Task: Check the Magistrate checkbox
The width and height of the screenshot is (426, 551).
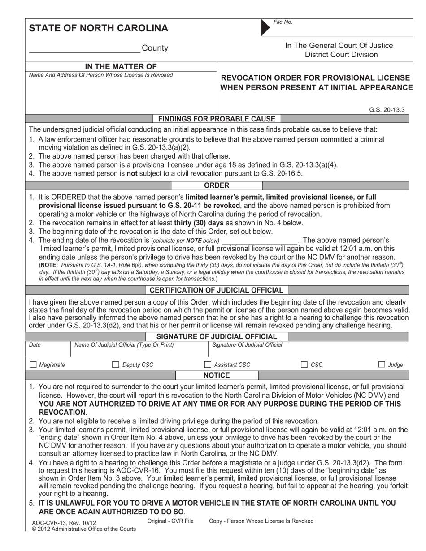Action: pyautogui.click(x=33, y=365)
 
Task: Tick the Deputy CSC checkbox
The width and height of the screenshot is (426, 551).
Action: pyautogui.click(x=115, y=365)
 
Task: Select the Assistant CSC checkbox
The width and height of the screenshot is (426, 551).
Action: pyautogui.click(x=208, y=365)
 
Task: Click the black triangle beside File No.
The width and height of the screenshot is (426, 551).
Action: pyautogui.click(x=265, y=28)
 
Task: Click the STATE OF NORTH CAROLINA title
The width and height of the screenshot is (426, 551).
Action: pyautogui.click(x=99, y=28)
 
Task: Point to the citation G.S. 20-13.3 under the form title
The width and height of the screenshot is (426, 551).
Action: pyautogui.click(x=387, y=109)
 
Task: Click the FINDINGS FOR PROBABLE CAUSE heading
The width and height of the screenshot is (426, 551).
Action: pyautogui.click(x=217, y=119)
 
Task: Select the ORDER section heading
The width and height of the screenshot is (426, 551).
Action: pyautogui.click(x=217, y=185)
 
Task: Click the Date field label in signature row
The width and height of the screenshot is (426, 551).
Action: pyautogui.click(x=35, y=345)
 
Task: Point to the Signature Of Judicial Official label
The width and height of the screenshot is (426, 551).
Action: pyautogui.click(x=247, y=345)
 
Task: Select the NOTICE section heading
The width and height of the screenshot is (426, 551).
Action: pyautogui.click(x=217, y=375)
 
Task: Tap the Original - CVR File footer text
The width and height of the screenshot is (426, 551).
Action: pyautogui.click(x=170, y=521)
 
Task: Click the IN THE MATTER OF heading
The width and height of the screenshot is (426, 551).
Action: pyautogui.click(x=121, y=67)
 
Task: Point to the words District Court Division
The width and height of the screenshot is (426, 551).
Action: pyautogui.click(x=341, y=55)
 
